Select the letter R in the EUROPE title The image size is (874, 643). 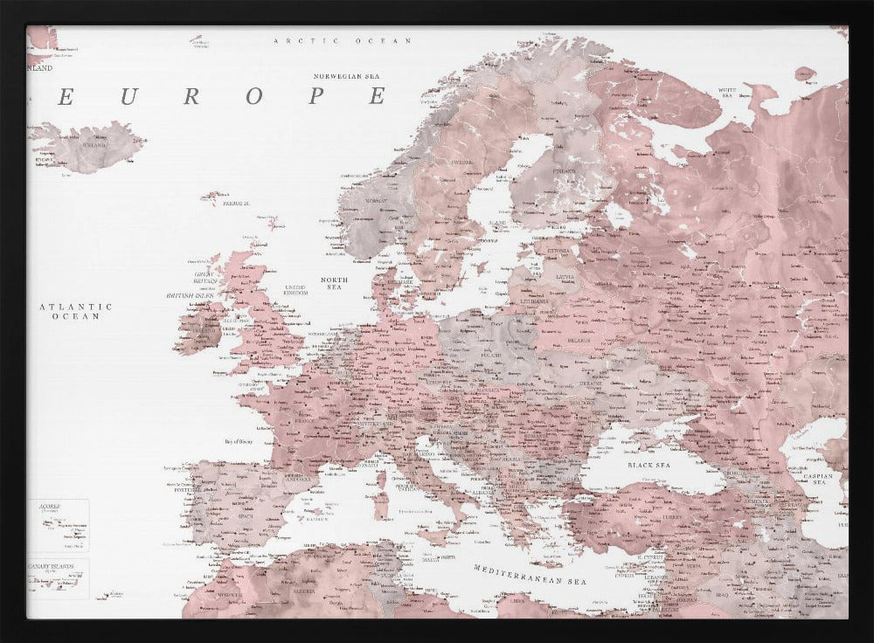(x=190, y=97)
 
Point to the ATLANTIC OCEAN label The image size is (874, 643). (x=76, y=311)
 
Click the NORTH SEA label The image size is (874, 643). (x=335, y=284)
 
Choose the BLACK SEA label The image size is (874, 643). (x=649, y=466)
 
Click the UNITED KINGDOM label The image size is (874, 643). (x=296, y=290)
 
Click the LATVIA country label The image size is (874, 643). (x=565, y=278)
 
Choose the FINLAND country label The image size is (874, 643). (x=565, y=171)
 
